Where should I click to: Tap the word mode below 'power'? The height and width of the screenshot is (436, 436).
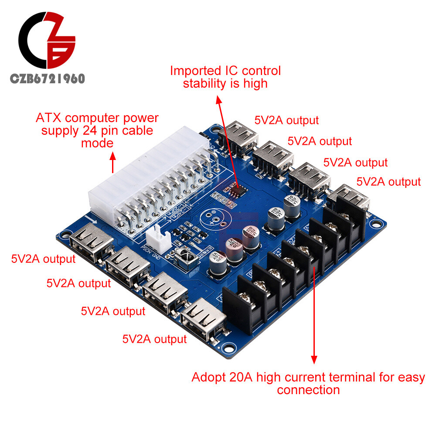(97, 143)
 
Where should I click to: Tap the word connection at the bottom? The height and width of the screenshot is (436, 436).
(308, 389)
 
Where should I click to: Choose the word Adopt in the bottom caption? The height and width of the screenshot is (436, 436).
(208, 377)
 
